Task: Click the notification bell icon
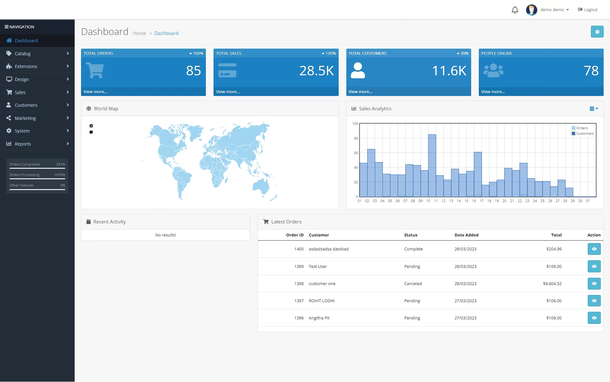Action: click(515, 10)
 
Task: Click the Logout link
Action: click(587, 10)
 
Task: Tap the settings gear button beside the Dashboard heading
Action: click(597, 32)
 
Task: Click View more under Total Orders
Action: click(95, 92)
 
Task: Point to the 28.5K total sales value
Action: click(316, 71)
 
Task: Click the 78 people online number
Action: click(591, 71)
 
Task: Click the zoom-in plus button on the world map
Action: click(91, 126)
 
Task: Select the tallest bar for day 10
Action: click(432, 166)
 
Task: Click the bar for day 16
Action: click(478, 174)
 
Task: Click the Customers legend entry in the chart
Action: click(583, 134)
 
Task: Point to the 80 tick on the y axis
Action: click(356, 139)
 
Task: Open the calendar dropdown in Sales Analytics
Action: click(594, 109)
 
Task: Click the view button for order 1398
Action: click(594, 284)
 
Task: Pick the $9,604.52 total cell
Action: click(552, 284)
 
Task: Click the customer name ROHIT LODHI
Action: click(322, 301)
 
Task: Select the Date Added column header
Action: click(466, 235)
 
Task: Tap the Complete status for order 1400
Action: click(413, 249)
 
